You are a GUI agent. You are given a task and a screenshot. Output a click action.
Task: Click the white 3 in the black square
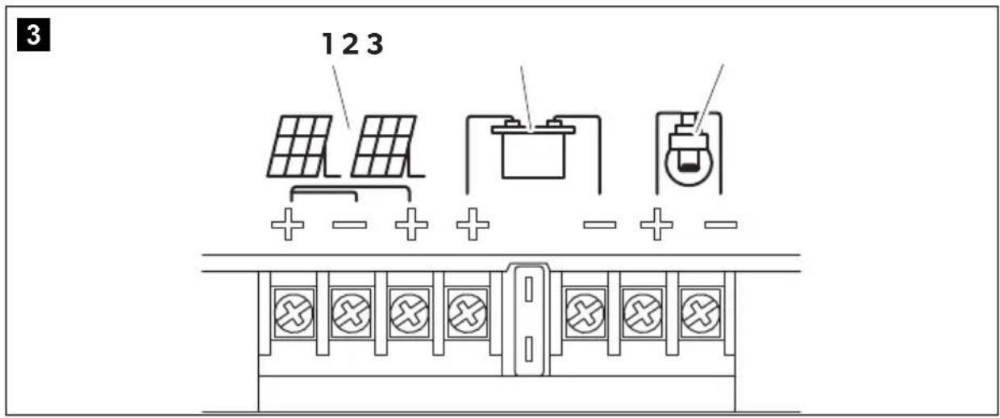coord(34,35)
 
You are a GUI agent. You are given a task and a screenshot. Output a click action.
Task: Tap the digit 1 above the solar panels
coord(327,44)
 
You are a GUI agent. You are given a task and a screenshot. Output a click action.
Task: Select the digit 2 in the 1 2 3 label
coord(351,44)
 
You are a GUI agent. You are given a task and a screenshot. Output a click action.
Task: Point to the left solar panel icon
coord(302,147)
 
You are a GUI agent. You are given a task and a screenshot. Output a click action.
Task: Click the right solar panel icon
coord(386,147)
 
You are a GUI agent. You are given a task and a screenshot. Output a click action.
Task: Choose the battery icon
coord(533,148)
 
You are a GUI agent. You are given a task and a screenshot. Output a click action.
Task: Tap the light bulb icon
coord(689,150)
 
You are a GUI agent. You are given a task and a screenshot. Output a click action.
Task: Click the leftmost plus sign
coord(288,224)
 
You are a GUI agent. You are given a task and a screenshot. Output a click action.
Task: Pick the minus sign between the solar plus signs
coord(349,224)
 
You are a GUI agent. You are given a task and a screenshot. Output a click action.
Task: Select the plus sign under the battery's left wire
coord(473,224)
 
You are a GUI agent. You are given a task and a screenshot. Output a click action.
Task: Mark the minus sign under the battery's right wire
coord(600,224)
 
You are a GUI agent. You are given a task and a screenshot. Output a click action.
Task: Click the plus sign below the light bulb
coord(656,224)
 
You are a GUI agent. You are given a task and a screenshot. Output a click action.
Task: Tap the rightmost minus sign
coord(721,224)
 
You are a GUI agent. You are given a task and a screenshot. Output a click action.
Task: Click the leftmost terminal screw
coord(294,313)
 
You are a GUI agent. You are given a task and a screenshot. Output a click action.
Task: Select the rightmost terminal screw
coord(701,313)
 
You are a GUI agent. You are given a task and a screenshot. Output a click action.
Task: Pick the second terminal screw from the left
coord(352,313)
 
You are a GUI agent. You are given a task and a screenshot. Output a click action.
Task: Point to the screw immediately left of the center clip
coord(468,313)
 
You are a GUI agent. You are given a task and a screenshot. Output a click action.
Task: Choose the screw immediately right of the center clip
coord(585,313)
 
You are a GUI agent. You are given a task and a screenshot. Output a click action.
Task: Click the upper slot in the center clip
coord(528,289)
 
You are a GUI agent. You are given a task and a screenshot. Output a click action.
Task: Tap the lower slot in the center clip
coord(528,349)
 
